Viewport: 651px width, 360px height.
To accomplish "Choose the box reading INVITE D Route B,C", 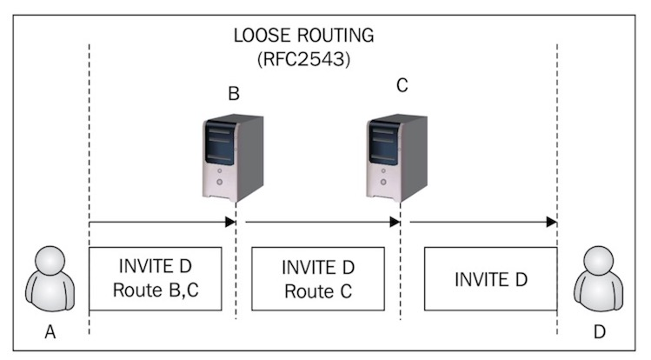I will pyautogui.click(x=156, y=279).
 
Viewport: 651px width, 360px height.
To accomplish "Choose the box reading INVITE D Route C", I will pyautogui.click(x=317, y=279).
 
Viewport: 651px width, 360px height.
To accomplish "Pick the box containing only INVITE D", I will pyautogui.click(x=491, y=279).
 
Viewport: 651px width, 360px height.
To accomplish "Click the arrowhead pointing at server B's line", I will pyautogui.click(x=231, y=222).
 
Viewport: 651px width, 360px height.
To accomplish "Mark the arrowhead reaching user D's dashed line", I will pyautogui.click(x=551, y=222).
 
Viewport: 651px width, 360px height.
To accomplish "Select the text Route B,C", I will pyautogui.click(x=156, y=291).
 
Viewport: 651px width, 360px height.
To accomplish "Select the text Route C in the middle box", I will pyautogui.click(x=317, y=291).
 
